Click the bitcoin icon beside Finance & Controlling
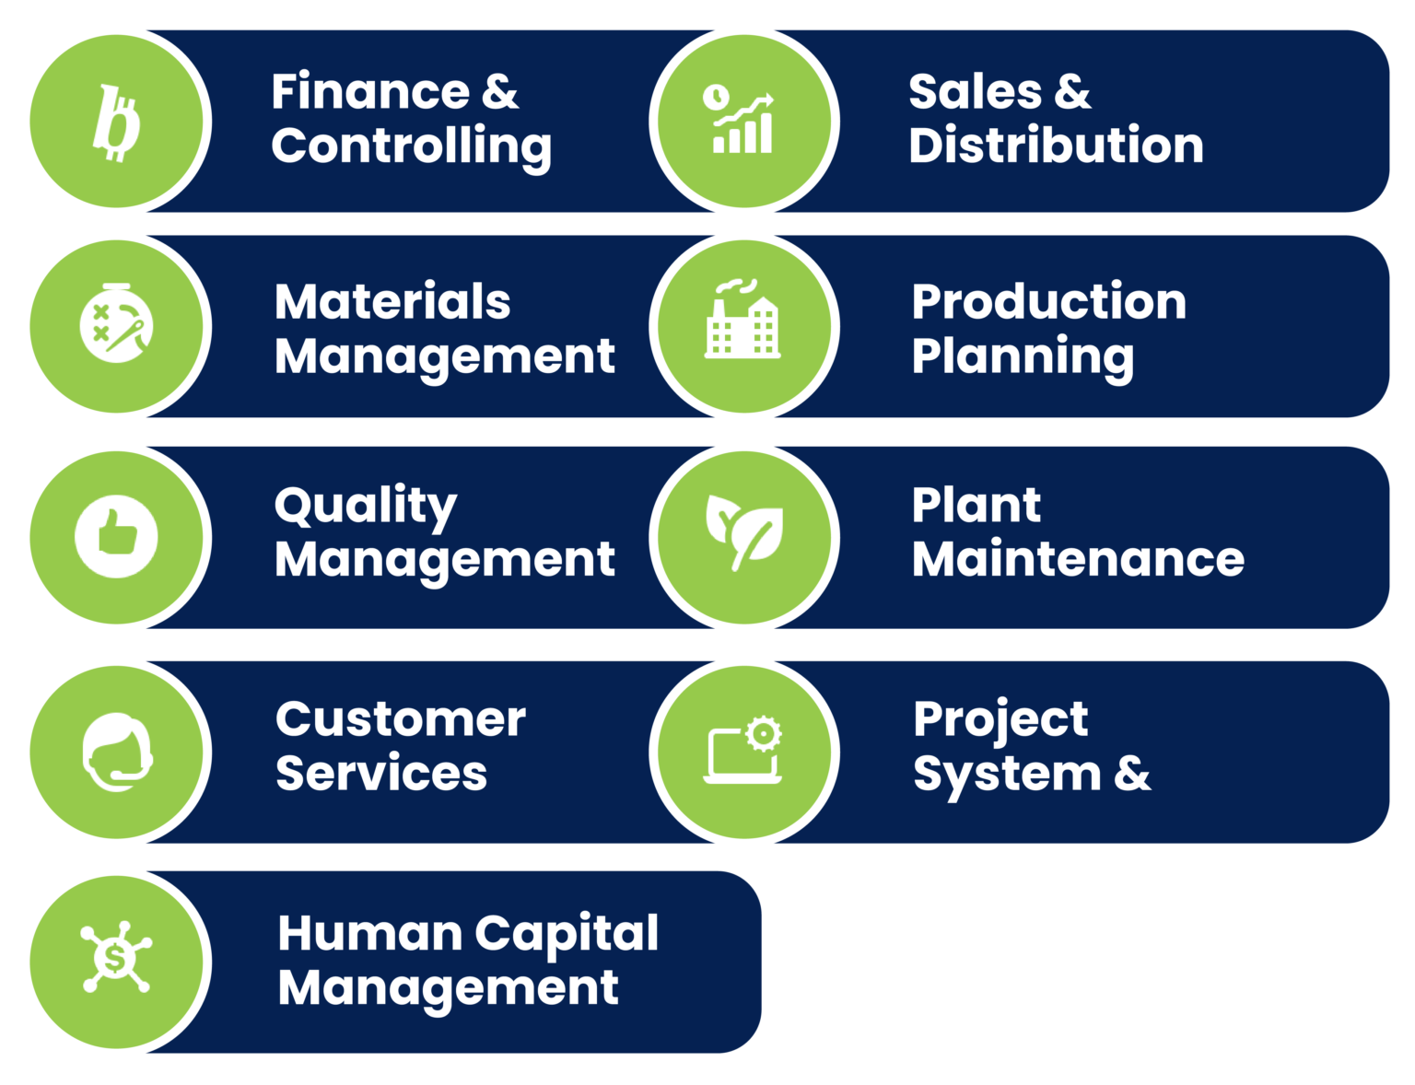(117, 122)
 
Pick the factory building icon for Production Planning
(742, 319)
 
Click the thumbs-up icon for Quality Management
(116, 536)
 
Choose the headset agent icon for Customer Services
(117, 752)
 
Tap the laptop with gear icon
(743, 749)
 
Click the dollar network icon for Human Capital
(116, 956)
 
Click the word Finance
(370, 91)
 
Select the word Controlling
(412, 147)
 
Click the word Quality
(366, 507)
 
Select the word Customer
(401, 719)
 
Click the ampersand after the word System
(1132, 774)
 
